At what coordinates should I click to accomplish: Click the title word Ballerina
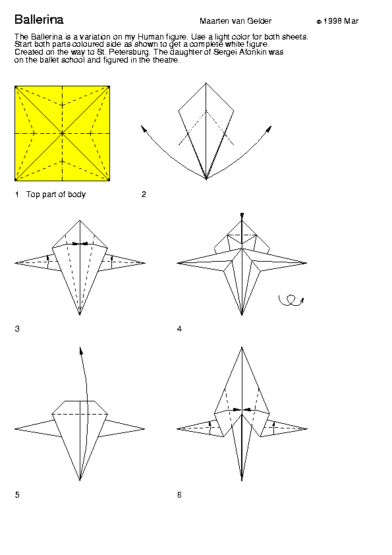tap(39, 20)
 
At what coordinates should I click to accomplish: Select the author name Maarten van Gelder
tap(236, 21)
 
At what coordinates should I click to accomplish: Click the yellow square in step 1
tap(63, 133)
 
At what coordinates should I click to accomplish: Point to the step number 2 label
tap(144, 194)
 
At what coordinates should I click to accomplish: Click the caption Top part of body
tap(56, 194)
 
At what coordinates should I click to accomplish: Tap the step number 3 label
tap(17, 329)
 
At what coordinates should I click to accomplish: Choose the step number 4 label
tap(179, 329)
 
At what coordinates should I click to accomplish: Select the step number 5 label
tap(17, 495)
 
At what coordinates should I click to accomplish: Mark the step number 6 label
tap(179, 495)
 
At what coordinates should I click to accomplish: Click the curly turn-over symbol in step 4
tap(291, 301)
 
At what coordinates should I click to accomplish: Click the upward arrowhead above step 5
tap(81, 351)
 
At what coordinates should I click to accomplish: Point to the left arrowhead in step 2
tap(143, 128)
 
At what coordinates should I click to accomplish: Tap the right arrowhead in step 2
tap(269, 129)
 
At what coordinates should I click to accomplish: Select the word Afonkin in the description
tap(252, 52)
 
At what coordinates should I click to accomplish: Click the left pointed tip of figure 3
tap(15, 263)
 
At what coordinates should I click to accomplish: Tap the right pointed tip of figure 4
tap(306, 263)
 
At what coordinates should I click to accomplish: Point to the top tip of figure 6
tap(242, 347)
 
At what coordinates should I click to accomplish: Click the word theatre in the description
tap(166, 60)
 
